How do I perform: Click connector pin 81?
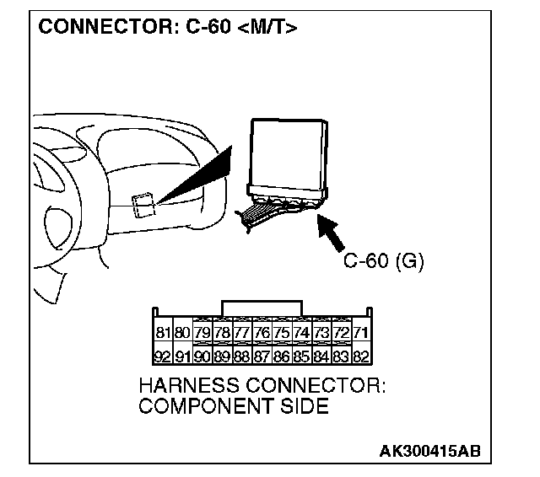pyautogui.click(x=164, y=334)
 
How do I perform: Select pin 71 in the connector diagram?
pyautogui.click(x=361, y=334)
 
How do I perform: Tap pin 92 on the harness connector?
pyautogui.click(x=164, y=356)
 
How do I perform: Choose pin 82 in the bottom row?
pyautogui.click(x=361, y=356)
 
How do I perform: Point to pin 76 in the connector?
pyautogui.click(x=262, y=334)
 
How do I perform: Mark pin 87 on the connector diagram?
pyautogui.click(x=262, y=356)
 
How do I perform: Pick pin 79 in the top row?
pyautogui.click(x=202, y=334)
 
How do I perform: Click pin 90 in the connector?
pyautogui.click(x=202, y=356)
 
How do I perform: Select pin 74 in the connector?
pyautogui.click(x=301, y=334)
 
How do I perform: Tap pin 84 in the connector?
pyautogui.click(x=321, y=356)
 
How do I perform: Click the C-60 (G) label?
pyautogui.click(x=384, y=260)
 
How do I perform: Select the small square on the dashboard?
pyautogui.click(x=143, y=205)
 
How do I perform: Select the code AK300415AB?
pyautogui.click(x=429, y=451)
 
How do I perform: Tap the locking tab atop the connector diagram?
pyautogui.click(x=260, y=307)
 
